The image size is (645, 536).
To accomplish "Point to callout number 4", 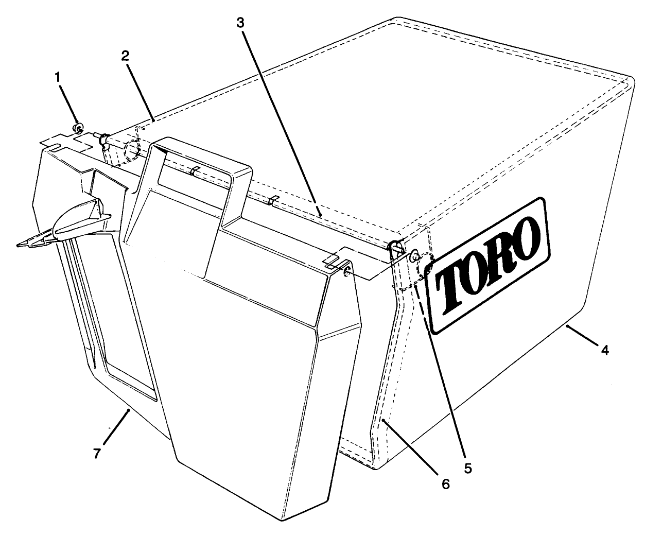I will coord(605,350).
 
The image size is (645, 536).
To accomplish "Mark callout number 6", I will coord(445,484).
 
